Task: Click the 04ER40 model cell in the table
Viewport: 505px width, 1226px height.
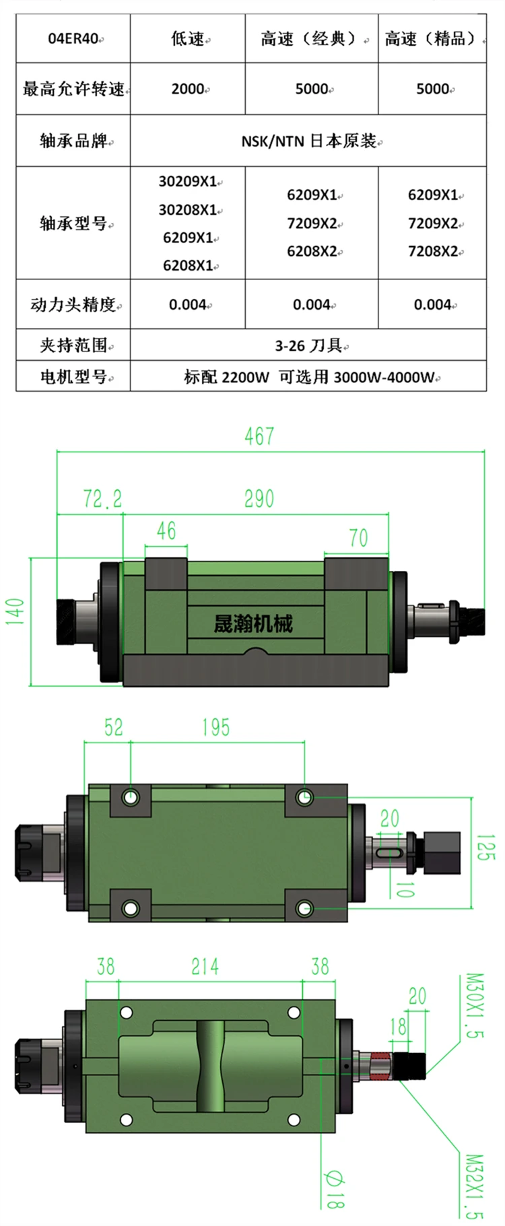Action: pos(73,39)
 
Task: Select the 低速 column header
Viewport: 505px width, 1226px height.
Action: pos(187,39)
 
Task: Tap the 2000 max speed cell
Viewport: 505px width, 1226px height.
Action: pos(188,89)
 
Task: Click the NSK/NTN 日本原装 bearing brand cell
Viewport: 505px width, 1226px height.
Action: pos(309,141)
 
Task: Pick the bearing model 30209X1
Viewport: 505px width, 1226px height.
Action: pos(188,181)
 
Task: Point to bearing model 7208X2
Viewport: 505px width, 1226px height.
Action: pos(432,252)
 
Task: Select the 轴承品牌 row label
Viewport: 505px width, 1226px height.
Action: pos(73,141)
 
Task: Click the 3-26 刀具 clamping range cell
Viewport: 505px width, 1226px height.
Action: pos(308,346)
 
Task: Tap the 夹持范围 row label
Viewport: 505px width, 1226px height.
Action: pos(73,346)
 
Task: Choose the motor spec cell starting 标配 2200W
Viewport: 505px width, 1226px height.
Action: pos(309,377)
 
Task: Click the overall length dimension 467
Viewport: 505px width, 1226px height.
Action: pos(259,436)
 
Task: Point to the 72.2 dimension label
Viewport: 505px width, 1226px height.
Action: pos(102,499)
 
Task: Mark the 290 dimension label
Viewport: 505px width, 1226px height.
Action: pos(259,499)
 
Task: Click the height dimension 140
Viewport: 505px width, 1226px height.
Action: pos(15,611)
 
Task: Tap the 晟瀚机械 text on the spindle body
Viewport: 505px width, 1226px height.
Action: pos(252,624)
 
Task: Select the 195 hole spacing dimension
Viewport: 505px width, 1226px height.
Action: pos(215,727)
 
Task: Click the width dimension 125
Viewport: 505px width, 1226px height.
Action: pos(485,848)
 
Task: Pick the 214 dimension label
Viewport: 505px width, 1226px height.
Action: pos(205,967)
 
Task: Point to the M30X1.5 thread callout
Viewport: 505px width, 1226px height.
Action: pos(475,1005)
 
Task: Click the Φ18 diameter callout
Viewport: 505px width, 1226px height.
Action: pos(335,1189)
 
